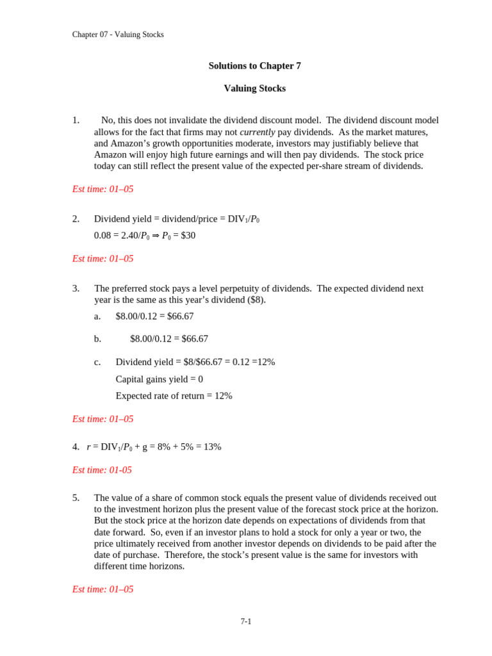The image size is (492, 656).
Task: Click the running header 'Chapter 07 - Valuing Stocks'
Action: [118, 35]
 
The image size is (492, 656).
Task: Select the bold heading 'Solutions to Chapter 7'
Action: [254, 66]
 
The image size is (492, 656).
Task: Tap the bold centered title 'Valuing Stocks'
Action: [254, 88]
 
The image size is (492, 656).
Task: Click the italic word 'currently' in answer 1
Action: [257, 132]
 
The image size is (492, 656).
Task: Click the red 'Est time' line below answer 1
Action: [102, 189]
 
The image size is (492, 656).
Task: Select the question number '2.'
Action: [76, 219]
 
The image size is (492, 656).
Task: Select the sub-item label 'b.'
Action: [97, 339]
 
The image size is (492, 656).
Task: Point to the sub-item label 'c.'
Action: [97, 362]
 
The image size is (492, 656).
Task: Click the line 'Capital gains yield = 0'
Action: [159, 379]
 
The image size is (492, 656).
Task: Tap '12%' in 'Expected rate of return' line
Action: [224, 396]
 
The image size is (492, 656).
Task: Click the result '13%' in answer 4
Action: [212, 447]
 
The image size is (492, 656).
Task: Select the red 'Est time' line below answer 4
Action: [102, 470]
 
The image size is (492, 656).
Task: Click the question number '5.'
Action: [76, 498]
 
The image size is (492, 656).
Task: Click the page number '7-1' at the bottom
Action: [246, 621]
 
